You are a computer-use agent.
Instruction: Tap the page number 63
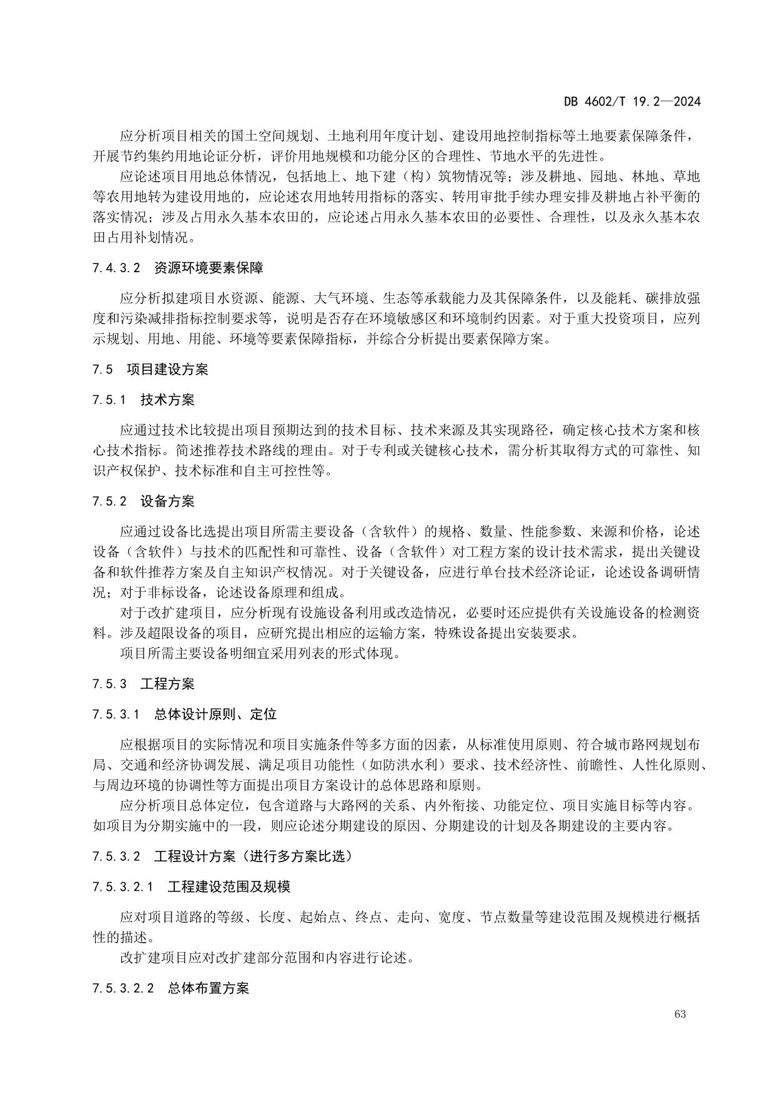[x=680, y=1014]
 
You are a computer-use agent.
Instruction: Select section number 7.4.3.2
[x=116, y=268]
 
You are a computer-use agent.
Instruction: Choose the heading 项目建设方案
[x=167, y=369]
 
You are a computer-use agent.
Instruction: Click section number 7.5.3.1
[x=116, y=714]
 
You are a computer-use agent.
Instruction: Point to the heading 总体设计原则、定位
[x=215, y=714]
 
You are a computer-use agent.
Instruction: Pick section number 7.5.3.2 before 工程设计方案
[x=116, y=856]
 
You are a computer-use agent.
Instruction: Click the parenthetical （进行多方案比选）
[x=297, y=856]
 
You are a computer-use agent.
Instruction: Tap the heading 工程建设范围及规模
[x=229, y=886]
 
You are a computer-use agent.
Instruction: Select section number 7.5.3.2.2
[x=122, y=988]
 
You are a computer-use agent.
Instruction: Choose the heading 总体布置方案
[x=209, y=988]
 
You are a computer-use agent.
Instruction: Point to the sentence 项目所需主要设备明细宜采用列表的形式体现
[x=259, y=654]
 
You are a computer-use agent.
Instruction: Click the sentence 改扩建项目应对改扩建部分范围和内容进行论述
[x=266, y=958]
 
